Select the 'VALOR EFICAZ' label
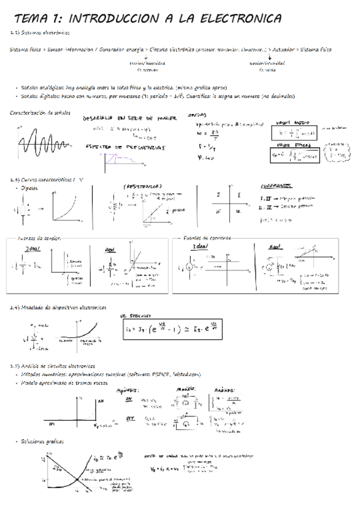point(292,145)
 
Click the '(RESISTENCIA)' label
point(142,186)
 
